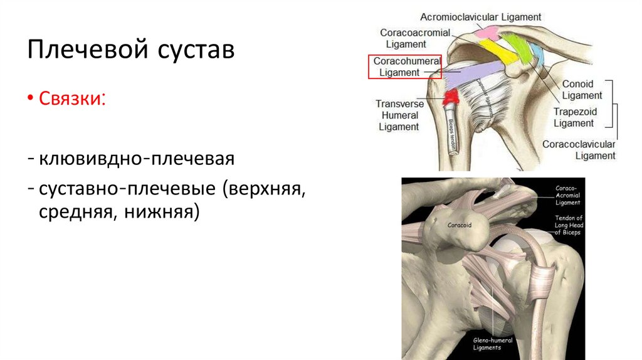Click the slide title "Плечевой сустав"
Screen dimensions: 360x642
coord(130,50)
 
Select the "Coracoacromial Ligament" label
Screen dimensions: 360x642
coord(414,38)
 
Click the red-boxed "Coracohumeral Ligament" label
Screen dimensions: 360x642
coord(404,66)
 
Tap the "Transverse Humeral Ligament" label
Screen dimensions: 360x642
coord(399,115)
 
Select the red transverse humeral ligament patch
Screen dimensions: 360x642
coord(451,97)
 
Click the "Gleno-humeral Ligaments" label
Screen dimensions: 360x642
coord(492,344)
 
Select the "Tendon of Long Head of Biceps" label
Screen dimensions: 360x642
coord(567,225)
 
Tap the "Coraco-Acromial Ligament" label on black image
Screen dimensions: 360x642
coord(568,195)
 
